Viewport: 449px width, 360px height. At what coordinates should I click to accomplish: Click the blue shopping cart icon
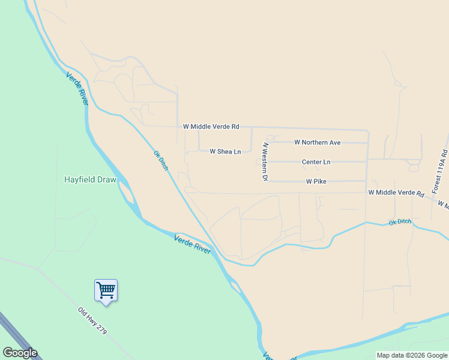[106, 291]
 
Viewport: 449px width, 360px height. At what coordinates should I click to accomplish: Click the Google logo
[20, 353]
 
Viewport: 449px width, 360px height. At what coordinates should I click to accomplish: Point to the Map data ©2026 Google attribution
[412, 355]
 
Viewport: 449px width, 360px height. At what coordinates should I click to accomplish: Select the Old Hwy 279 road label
[91, 320]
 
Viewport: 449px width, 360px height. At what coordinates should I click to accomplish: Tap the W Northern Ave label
[317, 142]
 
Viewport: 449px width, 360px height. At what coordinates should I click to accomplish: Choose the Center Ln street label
[316, 162]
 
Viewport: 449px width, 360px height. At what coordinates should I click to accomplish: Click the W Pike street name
[316, 181]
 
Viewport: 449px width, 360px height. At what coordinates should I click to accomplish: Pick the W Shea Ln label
[225, 152]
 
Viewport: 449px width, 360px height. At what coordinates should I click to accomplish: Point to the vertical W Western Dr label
[264, 162]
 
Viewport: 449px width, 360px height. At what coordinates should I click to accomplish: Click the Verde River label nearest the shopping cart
[193, 244]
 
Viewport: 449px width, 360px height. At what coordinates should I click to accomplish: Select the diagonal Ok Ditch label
[161, 161]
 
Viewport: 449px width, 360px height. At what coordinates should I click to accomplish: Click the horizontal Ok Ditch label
[400, 222]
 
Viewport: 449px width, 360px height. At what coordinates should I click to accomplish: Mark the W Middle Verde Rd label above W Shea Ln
[211, 127]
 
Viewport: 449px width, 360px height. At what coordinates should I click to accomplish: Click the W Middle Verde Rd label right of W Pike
[396, 193]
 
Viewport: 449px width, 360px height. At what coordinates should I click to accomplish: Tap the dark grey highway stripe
[18, 336]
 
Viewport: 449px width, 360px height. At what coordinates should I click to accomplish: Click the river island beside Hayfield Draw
[127, 192]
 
